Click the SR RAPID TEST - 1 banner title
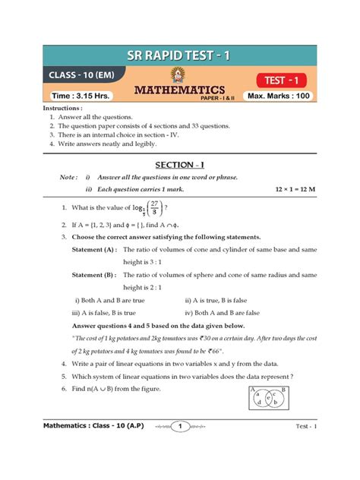point(179,56)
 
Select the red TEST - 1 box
point(285,80)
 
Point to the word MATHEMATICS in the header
point(180,91)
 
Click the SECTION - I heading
point(179,164)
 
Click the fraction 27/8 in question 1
point(154,207)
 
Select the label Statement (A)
point(94,249)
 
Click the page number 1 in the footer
point(180,447)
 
